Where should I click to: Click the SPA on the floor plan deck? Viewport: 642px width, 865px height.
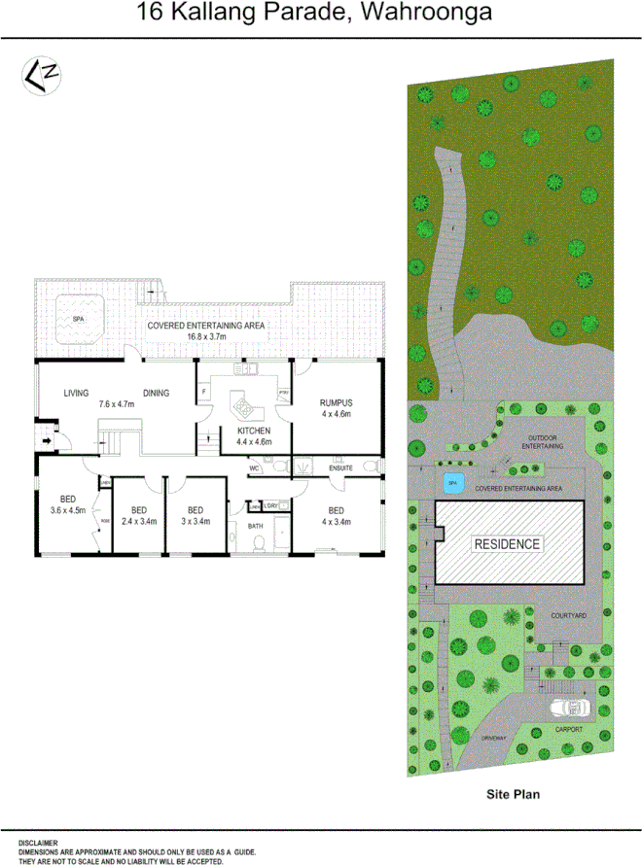[x=78, y=318]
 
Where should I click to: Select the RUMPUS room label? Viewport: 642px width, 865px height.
[x=336, y=402]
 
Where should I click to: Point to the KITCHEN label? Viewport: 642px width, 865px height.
[x=254, y=431]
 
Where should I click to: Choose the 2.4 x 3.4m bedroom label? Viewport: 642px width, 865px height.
[x=138, y=516]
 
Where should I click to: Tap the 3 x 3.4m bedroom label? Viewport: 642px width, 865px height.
[x=195, y=516]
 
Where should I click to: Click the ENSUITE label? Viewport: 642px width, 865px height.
[x=341, y=468]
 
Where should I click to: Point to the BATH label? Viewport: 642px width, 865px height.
[x=256, y=526]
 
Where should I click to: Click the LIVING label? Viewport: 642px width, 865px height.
[x=77, y=394]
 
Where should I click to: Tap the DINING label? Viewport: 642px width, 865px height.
[x=156, y=394]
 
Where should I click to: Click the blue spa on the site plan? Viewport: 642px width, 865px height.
[x=451, y=482]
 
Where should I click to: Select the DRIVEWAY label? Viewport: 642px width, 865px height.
[x=494, y=739]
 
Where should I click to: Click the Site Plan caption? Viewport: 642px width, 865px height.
[x=513, y=794]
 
